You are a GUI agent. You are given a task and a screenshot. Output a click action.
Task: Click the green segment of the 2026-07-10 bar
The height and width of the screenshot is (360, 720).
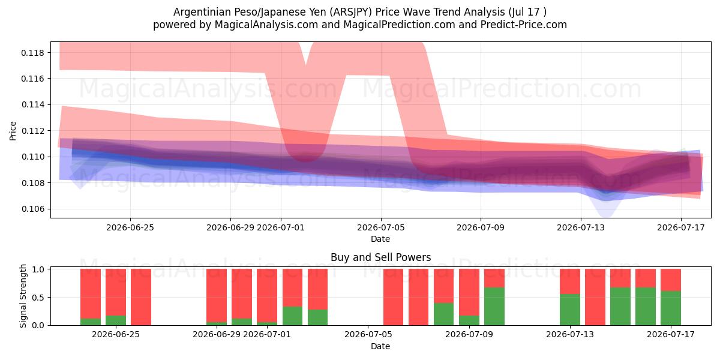(494, 307)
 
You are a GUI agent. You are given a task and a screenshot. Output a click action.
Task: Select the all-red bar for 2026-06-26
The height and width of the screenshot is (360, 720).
(141, 297)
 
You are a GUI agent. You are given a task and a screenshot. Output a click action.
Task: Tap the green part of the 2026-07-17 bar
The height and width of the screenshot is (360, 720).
(671, 308)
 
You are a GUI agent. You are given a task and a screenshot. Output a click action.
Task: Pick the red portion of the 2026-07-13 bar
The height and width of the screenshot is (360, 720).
(570, 281)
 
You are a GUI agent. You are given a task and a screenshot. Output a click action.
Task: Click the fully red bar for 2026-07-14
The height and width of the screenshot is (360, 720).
(595, 297)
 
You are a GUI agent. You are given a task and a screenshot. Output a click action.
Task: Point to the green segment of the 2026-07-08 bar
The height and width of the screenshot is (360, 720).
(443, 314)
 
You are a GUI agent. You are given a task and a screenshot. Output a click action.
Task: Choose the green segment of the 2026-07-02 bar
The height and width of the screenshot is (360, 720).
(293, 316)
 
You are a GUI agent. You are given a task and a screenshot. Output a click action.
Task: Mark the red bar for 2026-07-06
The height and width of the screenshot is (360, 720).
(393, 297)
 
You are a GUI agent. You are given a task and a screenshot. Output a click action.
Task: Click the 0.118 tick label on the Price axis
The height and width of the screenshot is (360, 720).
(33, 53)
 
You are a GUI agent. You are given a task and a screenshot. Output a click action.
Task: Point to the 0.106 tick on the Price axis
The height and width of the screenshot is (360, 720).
(33, 209)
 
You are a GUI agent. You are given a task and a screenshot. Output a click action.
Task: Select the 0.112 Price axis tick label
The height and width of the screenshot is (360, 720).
(33, 131)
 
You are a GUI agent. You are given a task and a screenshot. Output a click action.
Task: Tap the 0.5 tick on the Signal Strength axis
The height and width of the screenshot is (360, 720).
(38, 298)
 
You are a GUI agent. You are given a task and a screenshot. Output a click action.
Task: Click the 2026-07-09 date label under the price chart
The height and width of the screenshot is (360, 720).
(481, 227)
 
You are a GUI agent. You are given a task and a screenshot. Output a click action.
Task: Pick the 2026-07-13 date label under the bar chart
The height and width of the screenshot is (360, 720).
(570, 334)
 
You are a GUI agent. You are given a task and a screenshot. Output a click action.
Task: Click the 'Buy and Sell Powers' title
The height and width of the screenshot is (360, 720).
(380, 257)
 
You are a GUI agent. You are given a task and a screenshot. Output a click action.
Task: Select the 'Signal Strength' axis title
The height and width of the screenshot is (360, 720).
(23, 296)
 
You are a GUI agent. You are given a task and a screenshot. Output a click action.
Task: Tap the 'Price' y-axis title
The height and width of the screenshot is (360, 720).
(13, 131)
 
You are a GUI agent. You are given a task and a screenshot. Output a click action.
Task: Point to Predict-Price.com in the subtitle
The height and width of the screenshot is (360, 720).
(524, 25)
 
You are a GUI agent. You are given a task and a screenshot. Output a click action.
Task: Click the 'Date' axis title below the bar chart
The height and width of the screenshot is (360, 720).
(380, 346)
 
